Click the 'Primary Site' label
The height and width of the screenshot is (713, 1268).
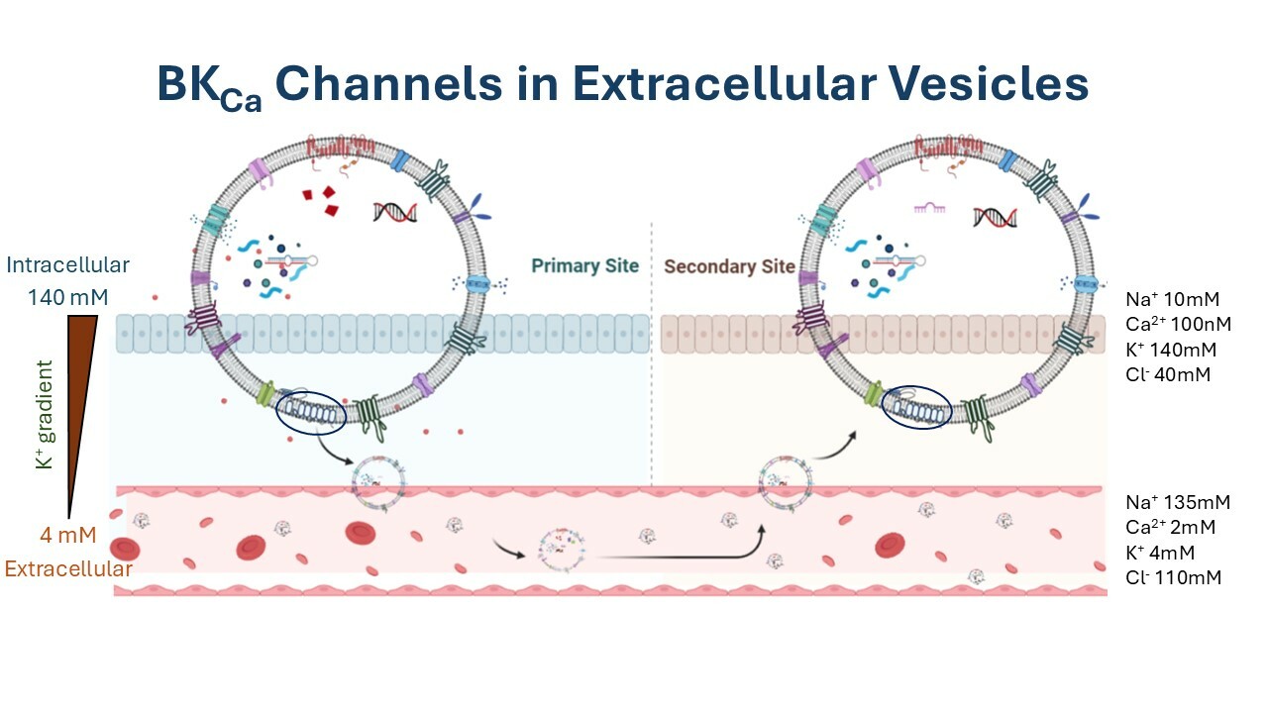(584, 265)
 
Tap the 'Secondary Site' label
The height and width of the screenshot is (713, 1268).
(729, 265)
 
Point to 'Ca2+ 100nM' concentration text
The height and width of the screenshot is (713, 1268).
(1179, 324)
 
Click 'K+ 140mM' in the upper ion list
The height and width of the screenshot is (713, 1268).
(1170, 350)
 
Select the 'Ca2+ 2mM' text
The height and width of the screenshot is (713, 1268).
(1170, 527)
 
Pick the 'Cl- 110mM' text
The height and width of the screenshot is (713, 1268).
(1173, 576)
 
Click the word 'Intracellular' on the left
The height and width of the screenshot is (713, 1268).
(67, 265)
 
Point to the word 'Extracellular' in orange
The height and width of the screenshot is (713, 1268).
(68, 569)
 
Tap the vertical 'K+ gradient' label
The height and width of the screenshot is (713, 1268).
(45, 415)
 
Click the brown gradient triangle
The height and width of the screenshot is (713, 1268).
(76, 396)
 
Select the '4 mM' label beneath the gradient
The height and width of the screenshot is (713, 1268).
(67, 537)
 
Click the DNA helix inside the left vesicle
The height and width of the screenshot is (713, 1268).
(394, 211)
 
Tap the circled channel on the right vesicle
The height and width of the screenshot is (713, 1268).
(915, 407)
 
